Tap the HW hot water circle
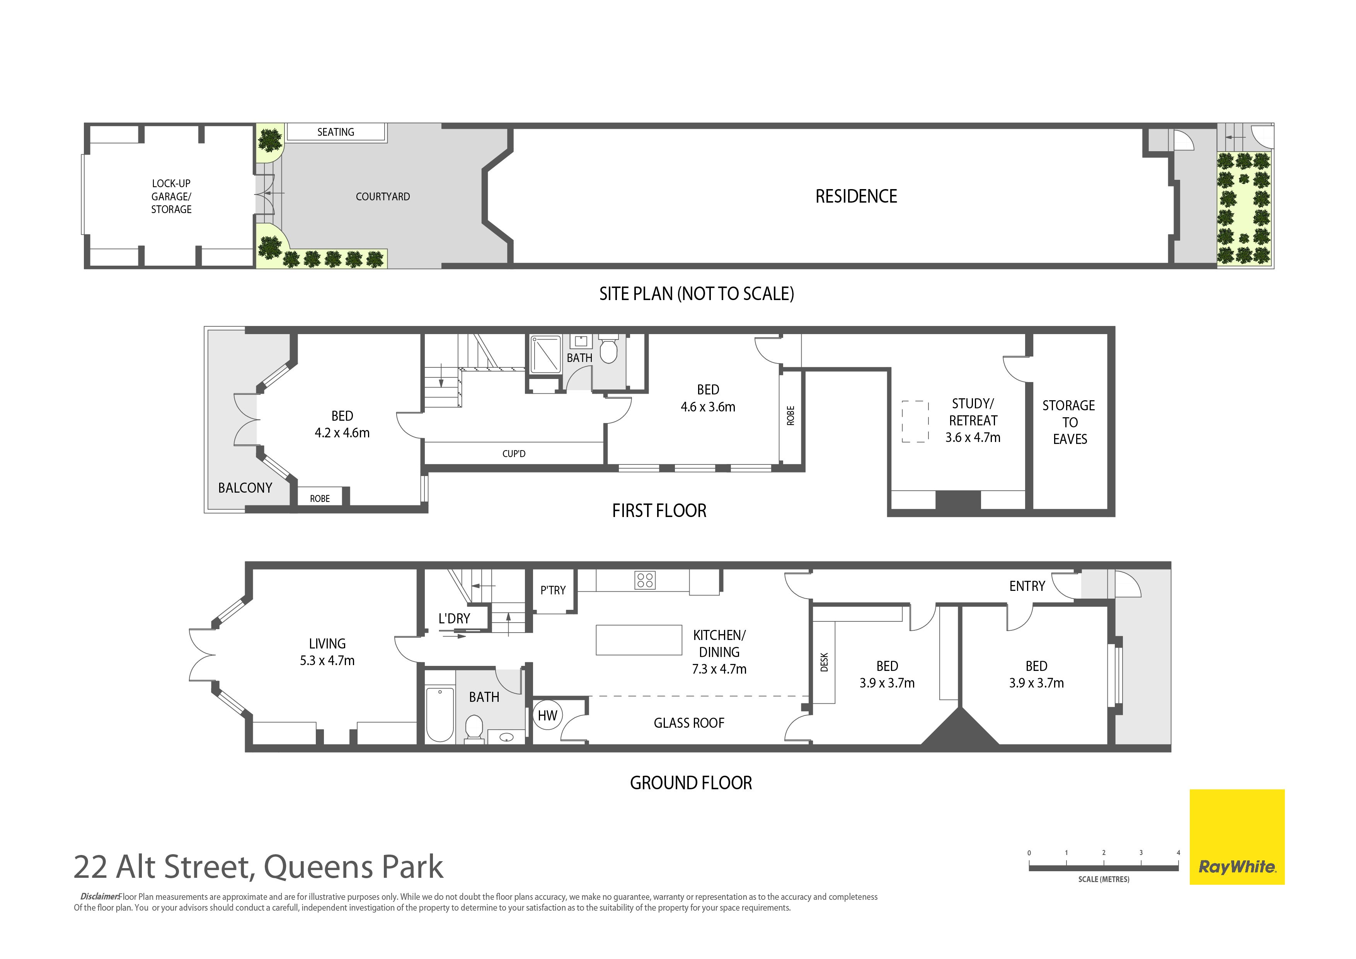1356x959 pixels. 547,715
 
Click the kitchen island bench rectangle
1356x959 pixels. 639,640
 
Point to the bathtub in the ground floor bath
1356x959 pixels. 440,714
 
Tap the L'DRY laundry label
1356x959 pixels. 454,619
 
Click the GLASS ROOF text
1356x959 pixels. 689,723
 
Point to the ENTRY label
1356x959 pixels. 1027,586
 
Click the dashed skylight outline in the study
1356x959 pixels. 915,422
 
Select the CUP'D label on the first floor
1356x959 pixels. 514,454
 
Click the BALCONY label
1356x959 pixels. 245,488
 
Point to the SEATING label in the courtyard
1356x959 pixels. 336,132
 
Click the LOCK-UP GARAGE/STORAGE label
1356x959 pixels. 171,196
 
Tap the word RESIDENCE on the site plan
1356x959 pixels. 856,196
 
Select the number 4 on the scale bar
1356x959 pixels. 1178,853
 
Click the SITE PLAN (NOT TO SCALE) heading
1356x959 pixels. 697,294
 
